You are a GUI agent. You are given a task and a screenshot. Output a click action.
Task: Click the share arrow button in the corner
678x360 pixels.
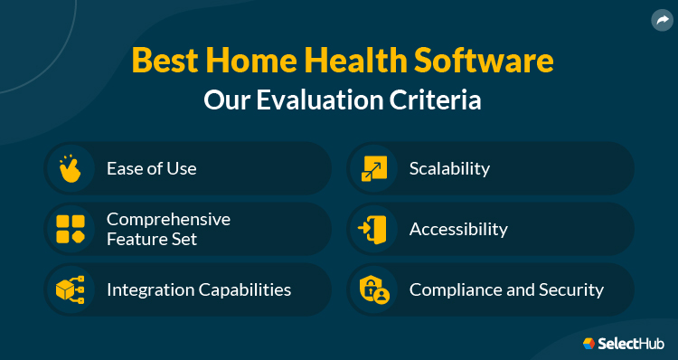pos(661,19)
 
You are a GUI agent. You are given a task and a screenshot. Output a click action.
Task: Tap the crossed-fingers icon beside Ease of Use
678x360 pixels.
pos(70,168)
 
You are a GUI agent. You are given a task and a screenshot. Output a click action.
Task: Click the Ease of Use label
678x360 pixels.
pos(151,168)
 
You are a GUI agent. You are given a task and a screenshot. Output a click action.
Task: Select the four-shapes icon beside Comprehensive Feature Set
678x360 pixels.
pos(70,229)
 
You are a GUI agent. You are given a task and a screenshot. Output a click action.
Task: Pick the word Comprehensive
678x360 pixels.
pos(168,219)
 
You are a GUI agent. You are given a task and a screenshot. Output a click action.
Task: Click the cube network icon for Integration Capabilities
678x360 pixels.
pos(70,290)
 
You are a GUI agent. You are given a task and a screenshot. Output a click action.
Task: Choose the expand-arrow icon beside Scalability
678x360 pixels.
pos(373,168)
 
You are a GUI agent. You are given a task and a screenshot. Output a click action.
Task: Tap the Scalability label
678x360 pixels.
pos(449,168)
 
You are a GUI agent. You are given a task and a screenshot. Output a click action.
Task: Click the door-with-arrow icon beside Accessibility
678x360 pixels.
pos(373,229)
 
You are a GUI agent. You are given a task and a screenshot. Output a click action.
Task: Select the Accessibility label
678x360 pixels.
pos(458,229)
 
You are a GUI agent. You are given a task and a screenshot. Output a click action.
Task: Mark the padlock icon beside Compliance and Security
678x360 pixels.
pos(373,290)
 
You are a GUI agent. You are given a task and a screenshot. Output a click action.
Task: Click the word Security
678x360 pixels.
pos(570,290)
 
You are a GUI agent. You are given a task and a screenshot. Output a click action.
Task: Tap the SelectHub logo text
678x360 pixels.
pos(632,343)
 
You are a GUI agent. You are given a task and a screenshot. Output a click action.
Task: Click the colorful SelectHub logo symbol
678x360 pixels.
pos(589,343)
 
